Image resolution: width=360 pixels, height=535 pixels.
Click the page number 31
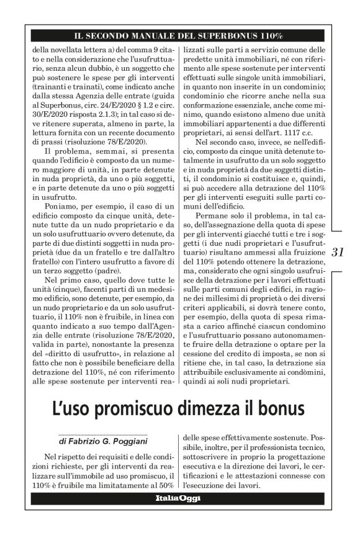pos(339,253)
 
